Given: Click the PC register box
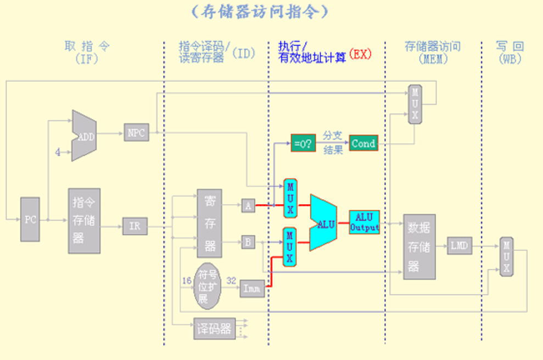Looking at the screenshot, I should click(30, 219).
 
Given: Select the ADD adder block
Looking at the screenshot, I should click(84, 136).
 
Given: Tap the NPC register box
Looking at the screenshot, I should click(136, 132).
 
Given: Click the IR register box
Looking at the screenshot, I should click(135, 226).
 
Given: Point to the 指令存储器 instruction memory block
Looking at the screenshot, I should click(84, 221).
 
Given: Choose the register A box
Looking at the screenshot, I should click(248, 206).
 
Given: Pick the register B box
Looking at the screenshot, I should click(248, 241).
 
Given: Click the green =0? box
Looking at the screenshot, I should click(303, 144).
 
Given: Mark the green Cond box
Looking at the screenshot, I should click(363, 144).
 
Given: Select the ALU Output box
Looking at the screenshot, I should click(364, 222).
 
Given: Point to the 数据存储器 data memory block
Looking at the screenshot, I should click(419, 246).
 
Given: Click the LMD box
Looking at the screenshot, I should click(459, 246).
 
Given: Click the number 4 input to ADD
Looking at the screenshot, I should click(58, 153).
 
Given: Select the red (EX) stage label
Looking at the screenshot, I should click(360, 54).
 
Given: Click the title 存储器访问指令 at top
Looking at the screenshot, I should click(261, 11).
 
